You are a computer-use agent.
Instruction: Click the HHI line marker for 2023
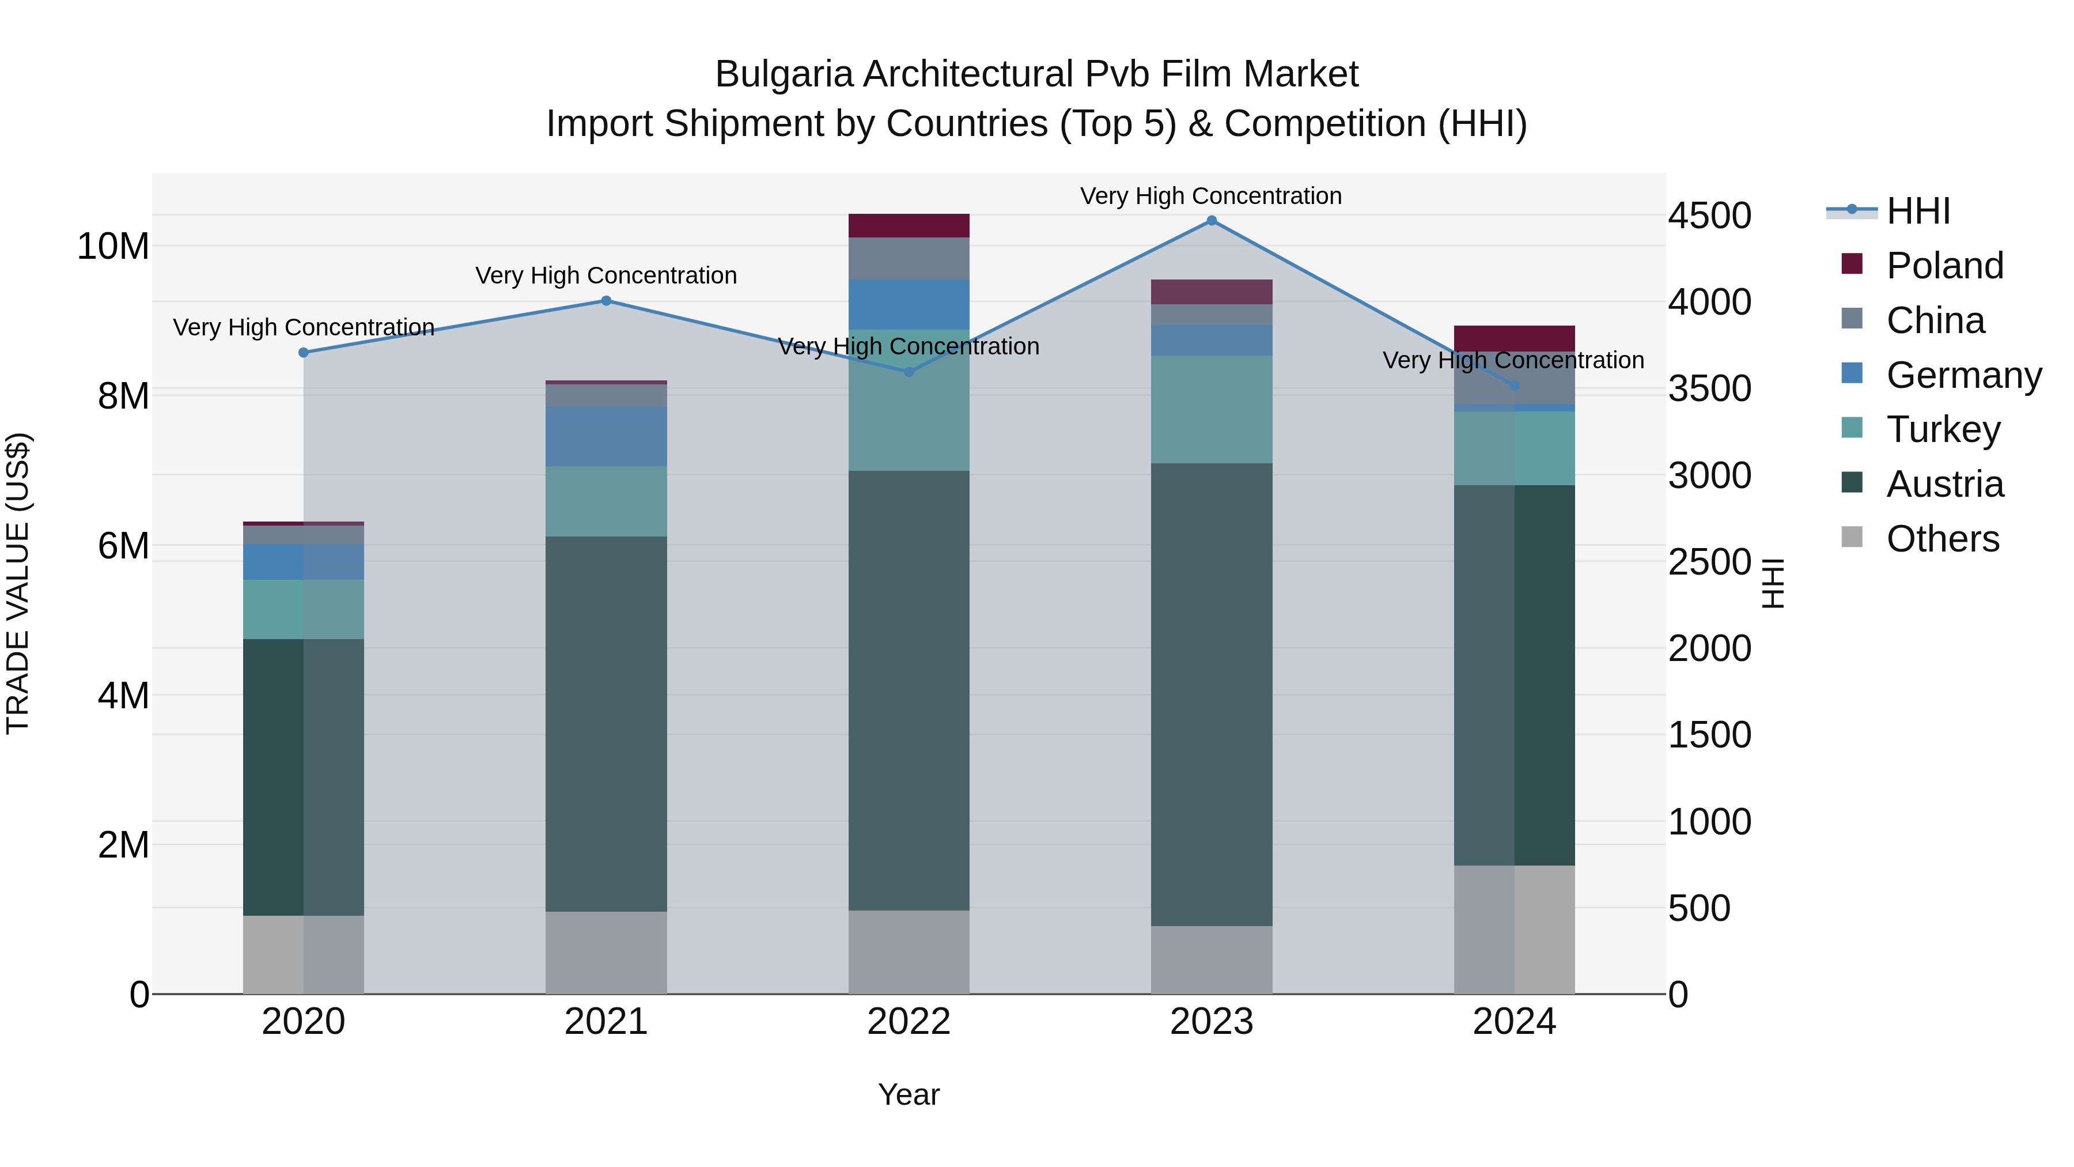tap(1212, 221)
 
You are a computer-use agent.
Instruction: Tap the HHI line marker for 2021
tap(606, 301)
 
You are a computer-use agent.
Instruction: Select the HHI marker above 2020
tap(304, 353)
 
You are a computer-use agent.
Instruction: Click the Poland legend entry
tap(1944, 266)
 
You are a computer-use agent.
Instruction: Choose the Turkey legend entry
tap(1943, 429)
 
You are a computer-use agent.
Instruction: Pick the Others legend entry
tap(1942, 539)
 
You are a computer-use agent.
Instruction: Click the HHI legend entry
tap(1918, 211)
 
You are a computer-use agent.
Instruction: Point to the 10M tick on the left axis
tap(113, 247)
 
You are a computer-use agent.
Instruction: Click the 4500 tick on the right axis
tap(1709, 216)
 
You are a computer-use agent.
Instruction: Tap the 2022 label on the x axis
tap(909, 1022)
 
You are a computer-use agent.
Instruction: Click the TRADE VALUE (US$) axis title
tap(18, 583)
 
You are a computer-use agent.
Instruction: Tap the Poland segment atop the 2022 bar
tap(909, 225)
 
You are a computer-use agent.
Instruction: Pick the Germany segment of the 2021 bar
tap(606, 436)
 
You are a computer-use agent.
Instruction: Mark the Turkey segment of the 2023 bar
tap(1212, 409)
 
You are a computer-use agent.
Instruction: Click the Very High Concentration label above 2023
tap(1211, 197)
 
